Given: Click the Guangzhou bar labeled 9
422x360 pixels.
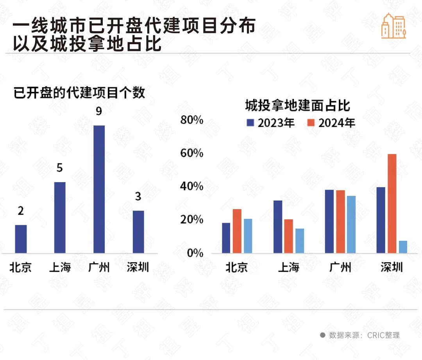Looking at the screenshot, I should click(99, 189).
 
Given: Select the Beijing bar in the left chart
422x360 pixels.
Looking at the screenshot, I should click(21, 239).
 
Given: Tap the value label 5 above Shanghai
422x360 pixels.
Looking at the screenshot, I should click(60, 168).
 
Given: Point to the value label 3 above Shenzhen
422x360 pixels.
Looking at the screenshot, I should click(138, 197).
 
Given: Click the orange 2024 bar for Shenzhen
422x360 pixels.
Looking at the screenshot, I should click(392, 203).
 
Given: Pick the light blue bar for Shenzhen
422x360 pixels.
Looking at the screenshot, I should click(403, 247).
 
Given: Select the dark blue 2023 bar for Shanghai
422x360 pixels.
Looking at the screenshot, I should click(278, 227).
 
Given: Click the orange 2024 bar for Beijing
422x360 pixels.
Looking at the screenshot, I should click(237, 231).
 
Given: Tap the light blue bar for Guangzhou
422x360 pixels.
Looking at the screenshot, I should click(351, 224).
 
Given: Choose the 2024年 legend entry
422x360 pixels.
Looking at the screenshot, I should click(331, 123).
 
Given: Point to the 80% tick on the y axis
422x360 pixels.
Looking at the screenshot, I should click(192, 120).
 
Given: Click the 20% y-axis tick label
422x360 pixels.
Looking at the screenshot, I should click(192, 220).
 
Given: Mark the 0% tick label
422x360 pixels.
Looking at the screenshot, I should click(194, 253).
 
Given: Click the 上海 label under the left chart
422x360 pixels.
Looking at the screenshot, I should click(60, 267).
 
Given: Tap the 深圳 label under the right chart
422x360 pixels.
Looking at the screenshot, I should click(392, 267).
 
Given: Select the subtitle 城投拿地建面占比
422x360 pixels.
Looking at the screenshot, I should click(297, 106).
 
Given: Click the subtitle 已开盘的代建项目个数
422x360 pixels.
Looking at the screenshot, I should click(79, 93).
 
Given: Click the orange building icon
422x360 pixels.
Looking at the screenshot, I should click(393, 26).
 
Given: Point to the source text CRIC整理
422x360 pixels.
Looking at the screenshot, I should click(383, 335).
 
